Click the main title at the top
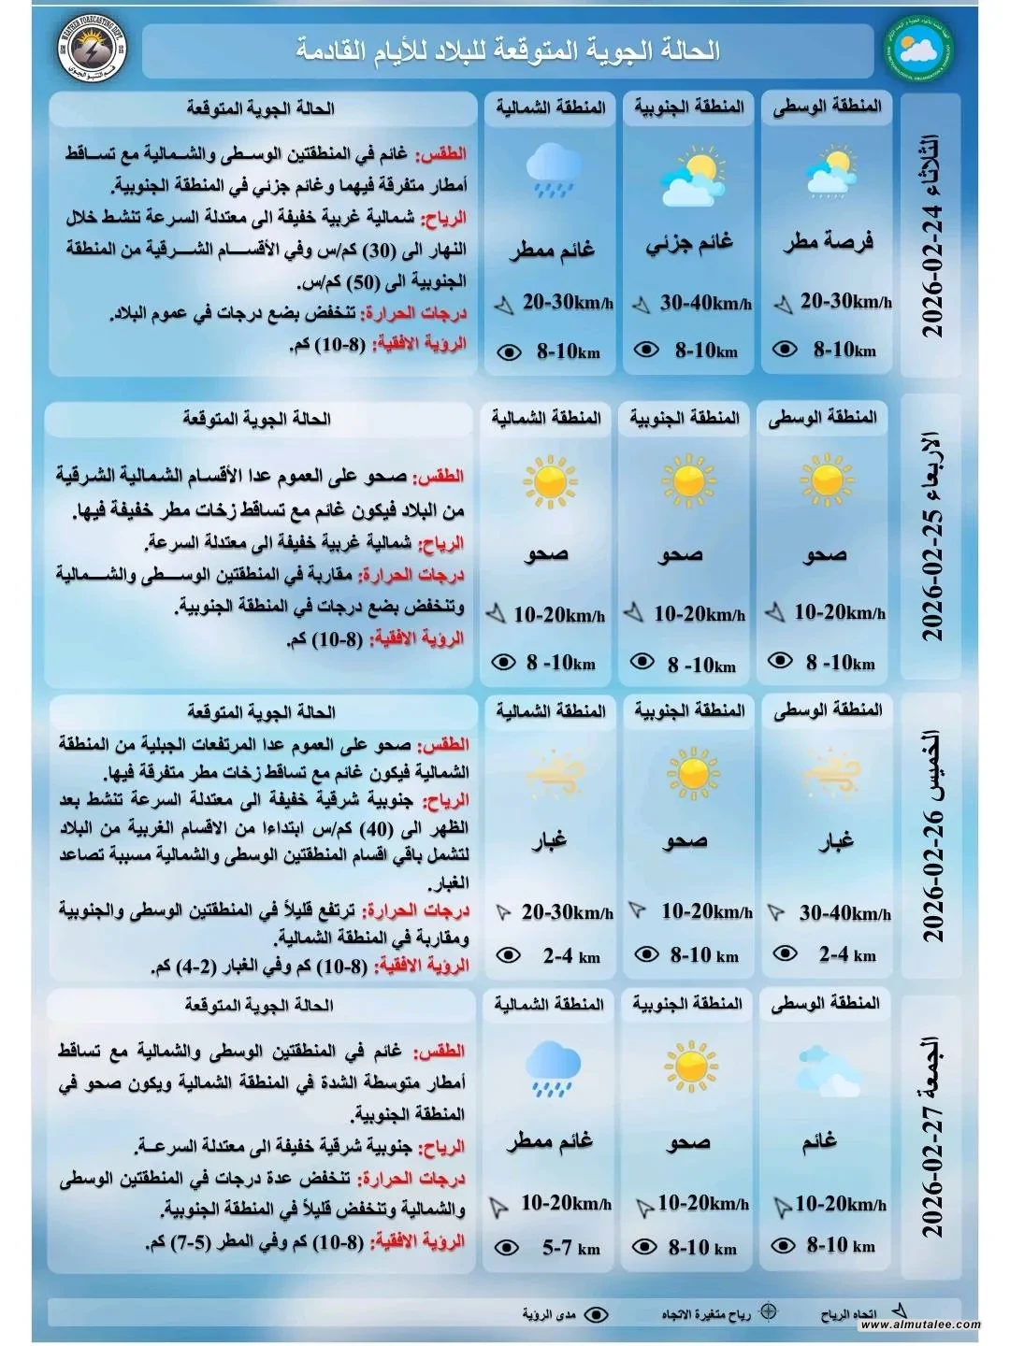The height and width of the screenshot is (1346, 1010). (x=509, y=50)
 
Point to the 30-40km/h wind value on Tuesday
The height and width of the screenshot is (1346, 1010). (x=705, y=303)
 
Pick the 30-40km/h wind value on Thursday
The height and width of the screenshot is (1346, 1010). (x=844, y=913)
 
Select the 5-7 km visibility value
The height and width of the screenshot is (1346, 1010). (x=570, y=1248)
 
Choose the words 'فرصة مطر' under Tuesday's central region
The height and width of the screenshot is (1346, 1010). (x=829, y=242)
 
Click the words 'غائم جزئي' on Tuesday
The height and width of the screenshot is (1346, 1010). (x=690, y=244)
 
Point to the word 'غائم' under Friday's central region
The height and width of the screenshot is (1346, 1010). (x=818, y=1141)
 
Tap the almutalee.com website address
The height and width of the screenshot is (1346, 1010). (x=920, y=1325)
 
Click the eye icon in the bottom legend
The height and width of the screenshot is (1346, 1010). (x=595, y=1314)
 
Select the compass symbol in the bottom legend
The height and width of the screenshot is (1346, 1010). (x=768, y=1311)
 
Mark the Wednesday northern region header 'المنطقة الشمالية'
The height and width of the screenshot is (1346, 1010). (x=546, y=417)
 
